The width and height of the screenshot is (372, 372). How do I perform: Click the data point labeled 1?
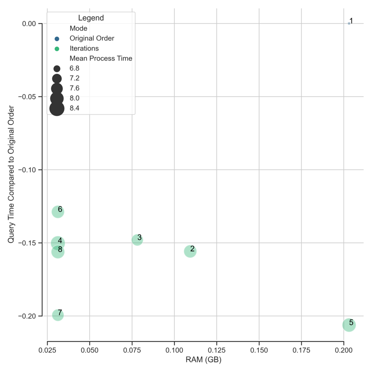click(349, 23)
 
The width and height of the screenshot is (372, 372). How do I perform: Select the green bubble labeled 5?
click(349, 325)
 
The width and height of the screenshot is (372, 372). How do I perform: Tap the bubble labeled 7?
click(58, 315)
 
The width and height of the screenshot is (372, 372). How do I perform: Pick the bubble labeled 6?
click(58, 212)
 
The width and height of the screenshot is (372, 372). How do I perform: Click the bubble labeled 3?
click(137, 240)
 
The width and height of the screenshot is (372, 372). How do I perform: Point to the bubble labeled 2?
click(190, 251)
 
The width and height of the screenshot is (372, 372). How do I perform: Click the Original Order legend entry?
click(92, 38)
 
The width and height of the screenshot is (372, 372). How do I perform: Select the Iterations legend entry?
click(84, 48)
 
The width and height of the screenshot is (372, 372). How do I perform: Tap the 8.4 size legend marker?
click(57, 108)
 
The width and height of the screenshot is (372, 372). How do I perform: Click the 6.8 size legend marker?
click(57, 68)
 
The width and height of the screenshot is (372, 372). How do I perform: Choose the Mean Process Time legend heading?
click(101, 58)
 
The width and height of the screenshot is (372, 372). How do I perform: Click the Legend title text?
click(91, 18)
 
